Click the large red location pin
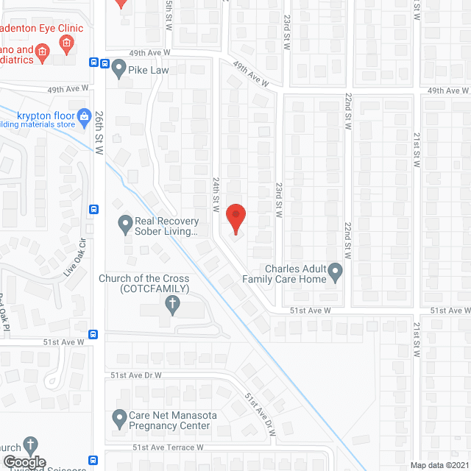point(235,218)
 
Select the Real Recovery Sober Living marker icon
point(124,222)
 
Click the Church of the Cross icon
point(173,305)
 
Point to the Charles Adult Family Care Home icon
point(336,273)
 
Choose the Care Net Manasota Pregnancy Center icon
point(119,420)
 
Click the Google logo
point(24,462)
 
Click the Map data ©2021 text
point(439,464)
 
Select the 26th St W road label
point(99,133)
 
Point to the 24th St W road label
point(216,194)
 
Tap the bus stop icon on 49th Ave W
point(94,63)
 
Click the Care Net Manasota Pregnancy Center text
point(173,420)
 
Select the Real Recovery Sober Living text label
point(166,226)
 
